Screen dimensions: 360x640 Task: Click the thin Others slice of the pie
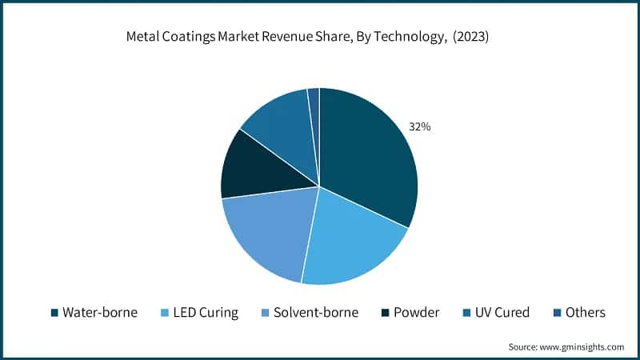click(x=314, y=100)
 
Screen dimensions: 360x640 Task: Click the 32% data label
click(x=420, y=126)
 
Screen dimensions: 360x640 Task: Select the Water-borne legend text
click(x=100, y=312)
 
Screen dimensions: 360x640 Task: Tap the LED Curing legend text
click(x=206, y=312)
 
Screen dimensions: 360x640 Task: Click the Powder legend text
click(x=417, y=312)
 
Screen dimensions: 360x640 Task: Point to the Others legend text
click(x=584, y=312)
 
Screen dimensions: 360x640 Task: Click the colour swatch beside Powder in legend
click(x=386, y=313)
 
